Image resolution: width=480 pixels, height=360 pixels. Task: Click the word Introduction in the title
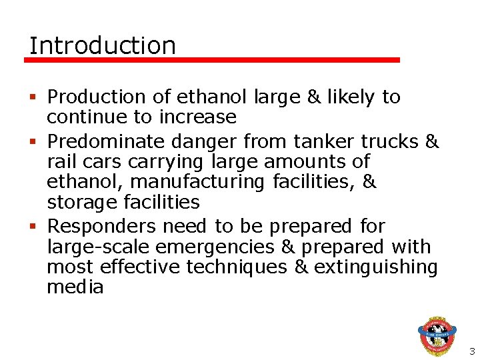point(103,46)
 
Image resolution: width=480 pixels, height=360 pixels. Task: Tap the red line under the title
point(212,60)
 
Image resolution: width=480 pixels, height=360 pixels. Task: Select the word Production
point(97,97)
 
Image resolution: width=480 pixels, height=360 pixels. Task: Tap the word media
point(75,287)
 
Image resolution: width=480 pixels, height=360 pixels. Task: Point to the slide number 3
point(471,351)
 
